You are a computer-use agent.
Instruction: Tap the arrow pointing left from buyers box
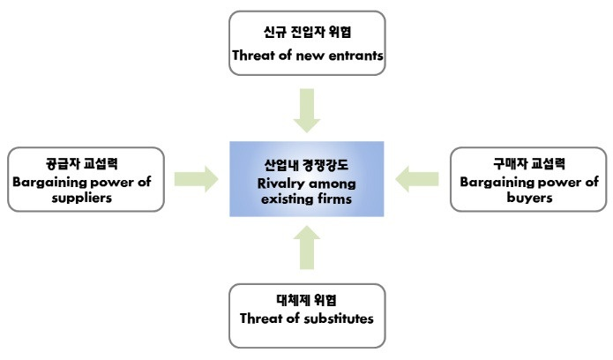click(x=417, y=180)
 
